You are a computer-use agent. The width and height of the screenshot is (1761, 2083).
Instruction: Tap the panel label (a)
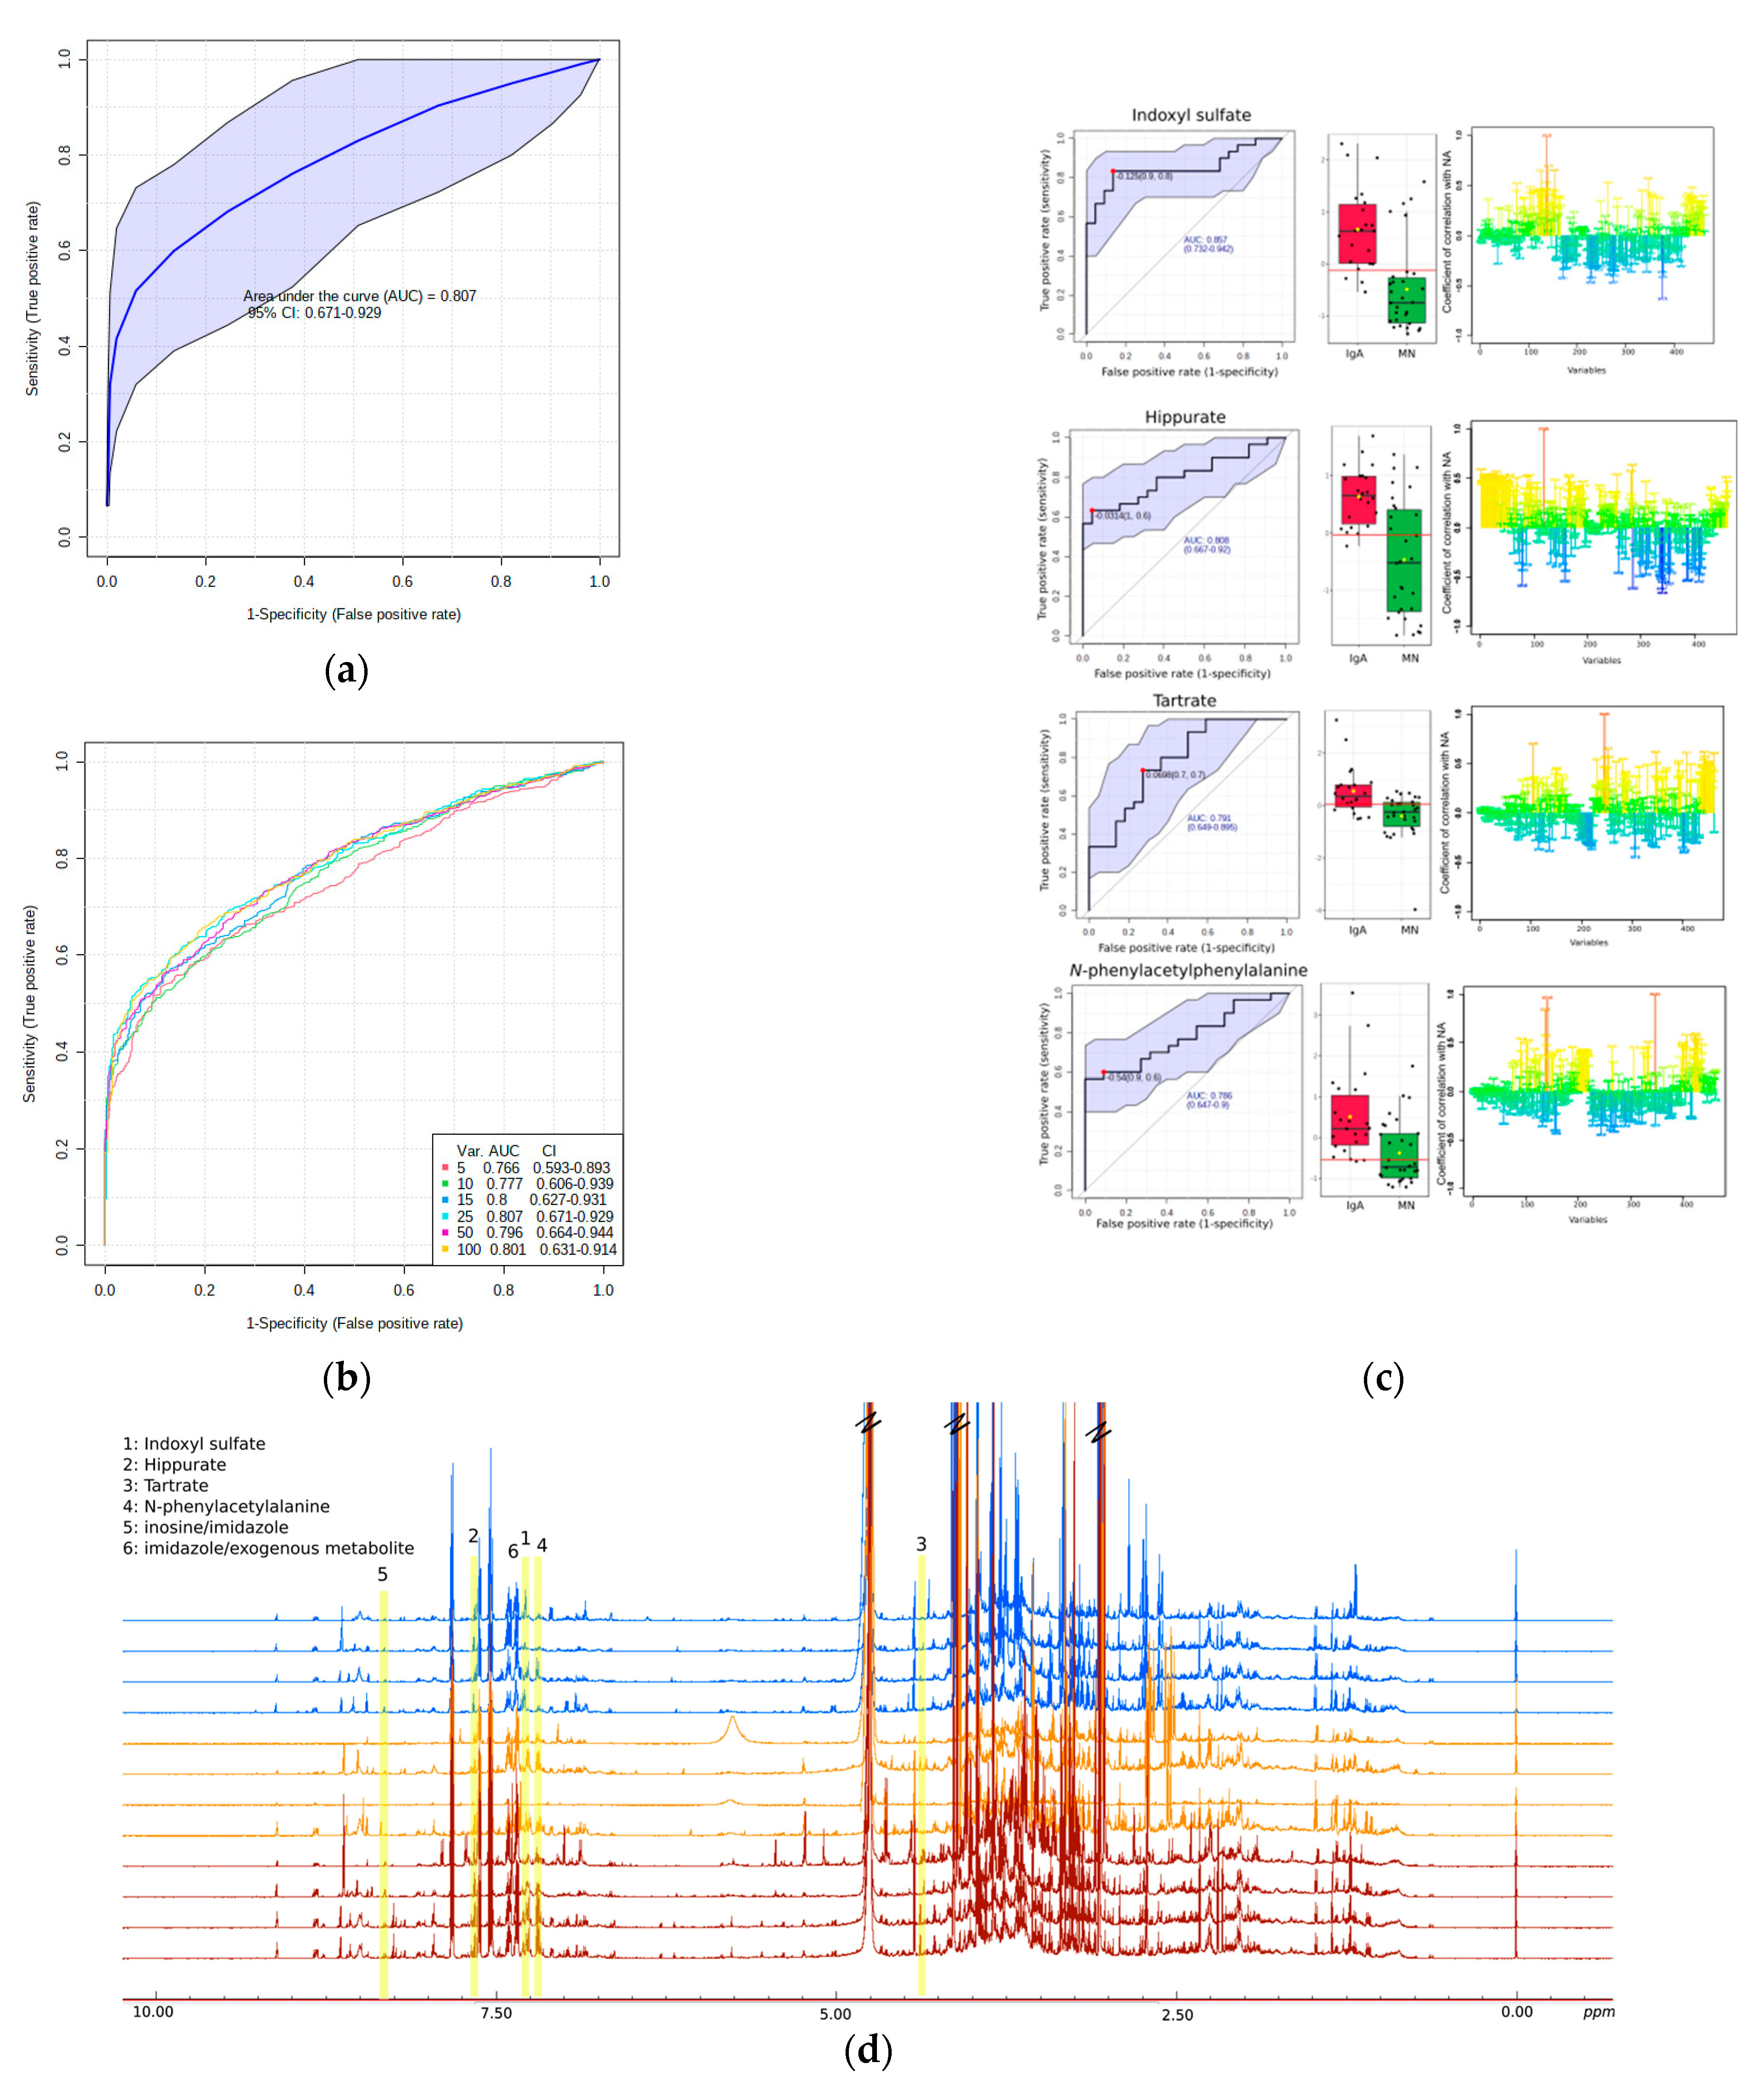coord(346,670)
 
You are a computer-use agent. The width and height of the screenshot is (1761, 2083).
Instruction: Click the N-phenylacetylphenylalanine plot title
coord(1187,970)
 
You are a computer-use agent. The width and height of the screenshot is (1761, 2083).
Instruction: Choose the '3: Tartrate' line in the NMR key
coord(165,1485)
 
